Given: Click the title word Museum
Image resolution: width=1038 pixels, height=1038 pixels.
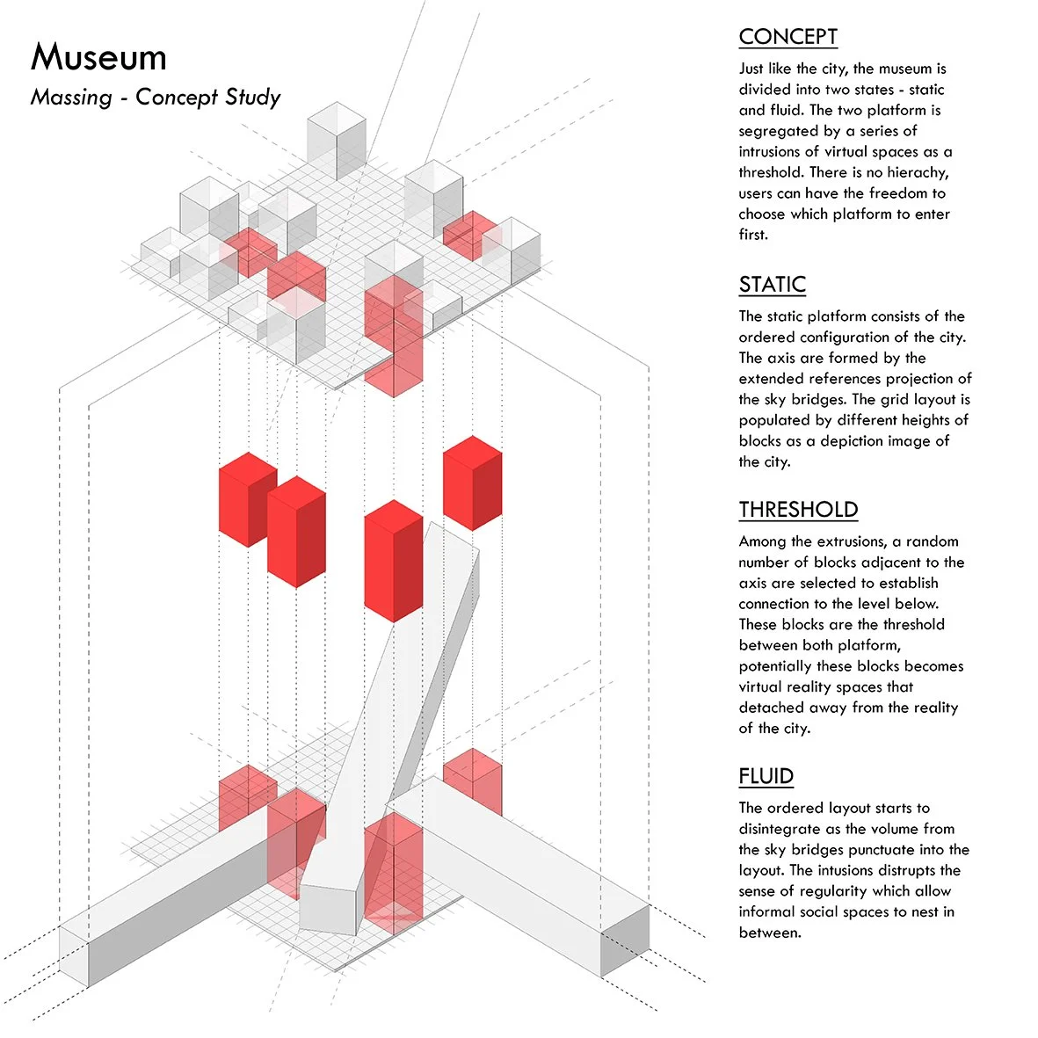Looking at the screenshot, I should [98, 58].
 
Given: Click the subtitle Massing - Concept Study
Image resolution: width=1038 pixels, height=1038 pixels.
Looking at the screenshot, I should [156, 97].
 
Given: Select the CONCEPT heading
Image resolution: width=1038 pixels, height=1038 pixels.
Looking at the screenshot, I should [788, 37].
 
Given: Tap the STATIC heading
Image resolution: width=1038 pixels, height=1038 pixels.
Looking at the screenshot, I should [772, 285].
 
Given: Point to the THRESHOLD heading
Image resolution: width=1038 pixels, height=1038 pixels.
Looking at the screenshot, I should [798, 510].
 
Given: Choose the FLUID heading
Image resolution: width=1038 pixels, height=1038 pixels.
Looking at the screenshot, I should [766, 776].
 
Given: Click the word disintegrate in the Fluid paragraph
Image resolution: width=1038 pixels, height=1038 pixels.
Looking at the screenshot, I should [782, 829].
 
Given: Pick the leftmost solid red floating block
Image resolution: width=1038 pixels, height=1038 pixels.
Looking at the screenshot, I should [247, 498].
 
